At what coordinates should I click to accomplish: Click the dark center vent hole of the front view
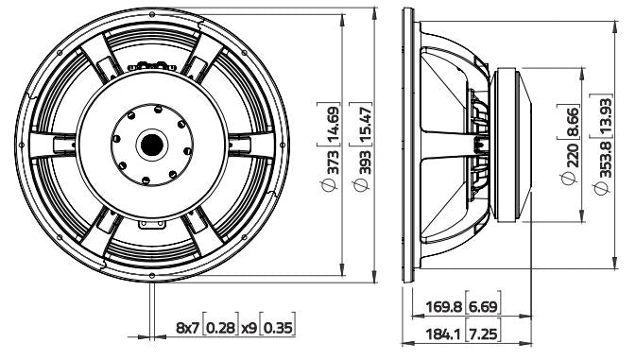coord(149,146)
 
